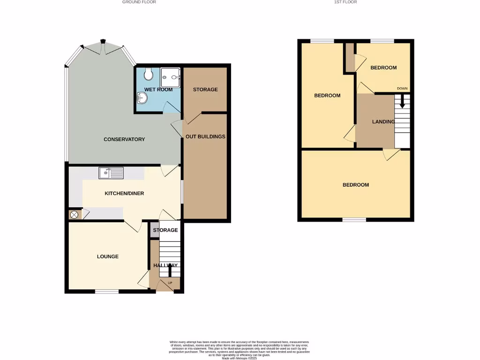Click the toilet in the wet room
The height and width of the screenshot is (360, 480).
149,74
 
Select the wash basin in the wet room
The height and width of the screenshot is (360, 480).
142,98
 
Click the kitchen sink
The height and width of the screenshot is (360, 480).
111,173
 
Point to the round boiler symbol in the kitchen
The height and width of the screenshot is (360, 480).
74,215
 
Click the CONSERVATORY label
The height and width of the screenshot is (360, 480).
124,139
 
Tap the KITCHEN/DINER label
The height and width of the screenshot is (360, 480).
124,194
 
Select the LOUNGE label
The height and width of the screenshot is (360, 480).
108,256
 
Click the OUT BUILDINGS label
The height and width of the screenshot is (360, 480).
205,137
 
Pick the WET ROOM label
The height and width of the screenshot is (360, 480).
158,90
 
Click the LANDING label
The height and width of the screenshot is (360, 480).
383,122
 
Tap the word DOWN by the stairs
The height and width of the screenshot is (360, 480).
402,88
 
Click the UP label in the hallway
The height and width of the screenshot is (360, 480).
170,283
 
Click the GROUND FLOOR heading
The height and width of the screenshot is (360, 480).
139,2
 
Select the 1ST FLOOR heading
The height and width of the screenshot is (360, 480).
345,2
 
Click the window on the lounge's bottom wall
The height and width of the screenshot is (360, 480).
107,292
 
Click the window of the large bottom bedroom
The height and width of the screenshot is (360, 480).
354,219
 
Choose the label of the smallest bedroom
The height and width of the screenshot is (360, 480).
383,67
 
